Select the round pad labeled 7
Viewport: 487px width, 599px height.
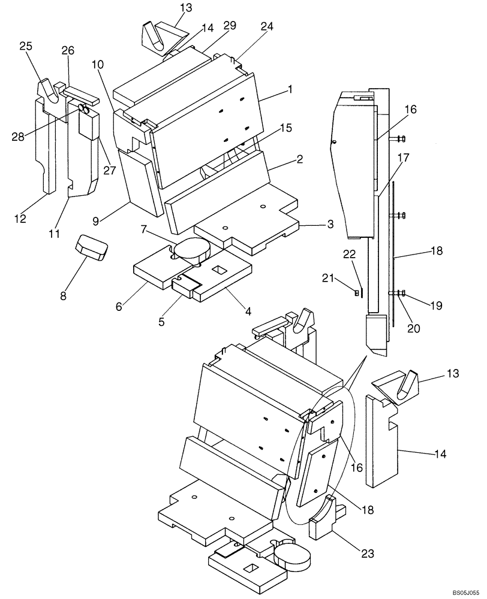point(190,247)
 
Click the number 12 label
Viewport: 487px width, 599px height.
point(20,219)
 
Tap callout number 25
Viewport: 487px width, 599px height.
point(26,46)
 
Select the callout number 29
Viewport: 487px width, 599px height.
point(229,26)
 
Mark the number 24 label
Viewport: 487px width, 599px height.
point(267,26)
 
